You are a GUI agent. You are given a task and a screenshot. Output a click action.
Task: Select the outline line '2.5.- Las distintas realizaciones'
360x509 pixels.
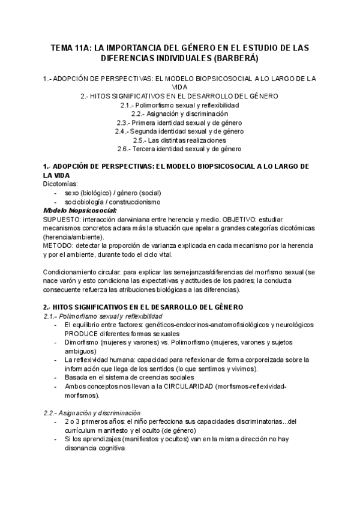click(x=180, y=140)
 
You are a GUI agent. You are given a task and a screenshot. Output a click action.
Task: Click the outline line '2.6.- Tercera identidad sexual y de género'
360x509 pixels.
click(x=180, y=148)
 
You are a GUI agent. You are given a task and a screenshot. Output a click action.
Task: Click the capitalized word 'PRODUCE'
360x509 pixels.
click(x=83, y=334)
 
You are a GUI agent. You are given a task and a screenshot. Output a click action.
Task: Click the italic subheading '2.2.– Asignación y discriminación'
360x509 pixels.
click(x=92, y=412)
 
